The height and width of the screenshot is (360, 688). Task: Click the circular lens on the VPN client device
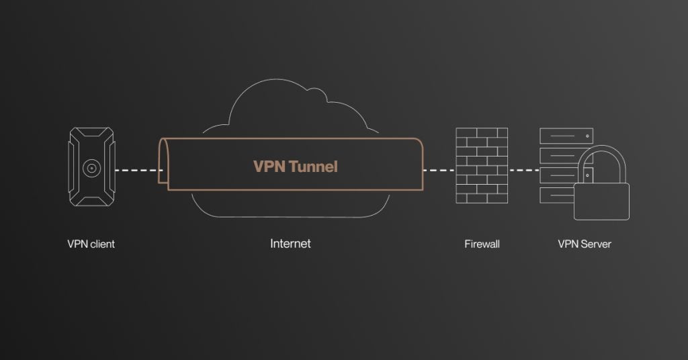(x=89, y=168)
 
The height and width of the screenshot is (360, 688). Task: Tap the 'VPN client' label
(x=91, y=244)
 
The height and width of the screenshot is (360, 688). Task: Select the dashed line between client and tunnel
(x=138, y=170)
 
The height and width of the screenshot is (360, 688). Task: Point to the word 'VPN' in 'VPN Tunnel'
(x=268, y=167)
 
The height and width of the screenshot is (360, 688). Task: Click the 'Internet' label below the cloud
(x=290, y=243)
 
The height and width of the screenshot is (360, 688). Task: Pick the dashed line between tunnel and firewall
(x=439, y=170)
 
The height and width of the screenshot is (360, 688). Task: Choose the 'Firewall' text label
(x=482, y=244)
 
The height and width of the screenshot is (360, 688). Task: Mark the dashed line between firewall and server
(x=524, y=170)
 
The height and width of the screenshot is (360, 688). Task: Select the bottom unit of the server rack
(x=556, y=195)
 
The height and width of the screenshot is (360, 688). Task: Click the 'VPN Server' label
(x=585, y=244)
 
